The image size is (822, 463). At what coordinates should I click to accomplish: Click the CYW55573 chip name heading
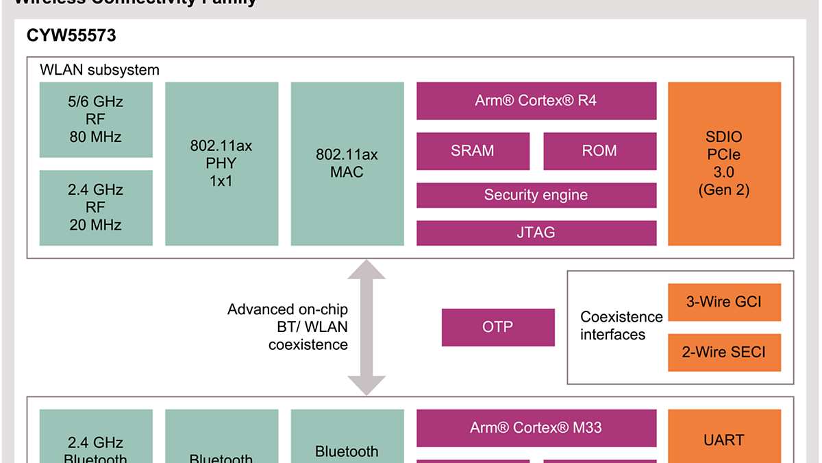[x=71, y=36]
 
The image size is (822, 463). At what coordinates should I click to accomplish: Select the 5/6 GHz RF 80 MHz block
[x=96, y=119]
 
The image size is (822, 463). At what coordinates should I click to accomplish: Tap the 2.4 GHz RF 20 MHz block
[x=96, y=207]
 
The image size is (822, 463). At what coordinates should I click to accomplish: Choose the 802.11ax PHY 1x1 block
[x=221, y=163]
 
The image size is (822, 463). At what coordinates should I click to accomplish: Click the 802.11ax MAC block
[x=347, y=163]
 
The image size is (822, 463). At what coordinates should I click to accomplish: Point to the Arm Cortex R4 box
[x=536, y=101]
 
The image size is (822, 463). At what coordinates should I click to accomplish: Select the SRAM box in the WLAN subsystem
[x=473, y=151]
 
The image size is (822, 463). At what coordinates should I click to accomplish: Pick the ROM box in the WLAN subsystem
[x=599, y=151]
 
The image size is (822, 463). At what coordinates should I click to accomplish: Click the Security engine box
[x=536, y=195]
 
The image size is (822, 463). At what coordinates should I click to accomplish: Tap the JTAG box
[x=536, y=233]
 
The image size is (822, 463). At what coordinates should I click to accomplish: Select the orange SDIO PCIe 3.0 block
[x=724, y=163]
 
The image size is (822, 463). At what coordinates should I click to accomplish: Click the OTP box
[x=498, y=327]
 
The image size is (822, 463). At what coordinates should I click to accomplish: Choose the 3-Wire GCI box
[x=724, y=302]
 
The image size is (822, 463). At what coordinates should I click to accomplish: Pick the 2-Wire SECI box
[x=724, y=353]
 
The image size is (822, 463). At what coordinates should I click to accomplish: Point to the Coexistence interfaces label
[x=621, y=326]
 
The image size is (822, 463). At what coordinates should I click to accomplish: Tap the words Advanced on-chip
[x=287, y=309]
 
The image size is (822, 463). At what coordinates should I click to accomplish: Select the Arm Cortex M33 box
[x=536, y=428]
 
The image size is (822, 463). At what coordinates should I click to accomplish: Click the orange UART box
[x=724, y=440]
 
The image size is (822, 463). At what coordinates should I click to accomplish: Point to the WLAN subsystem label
[x=99, y=70]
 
